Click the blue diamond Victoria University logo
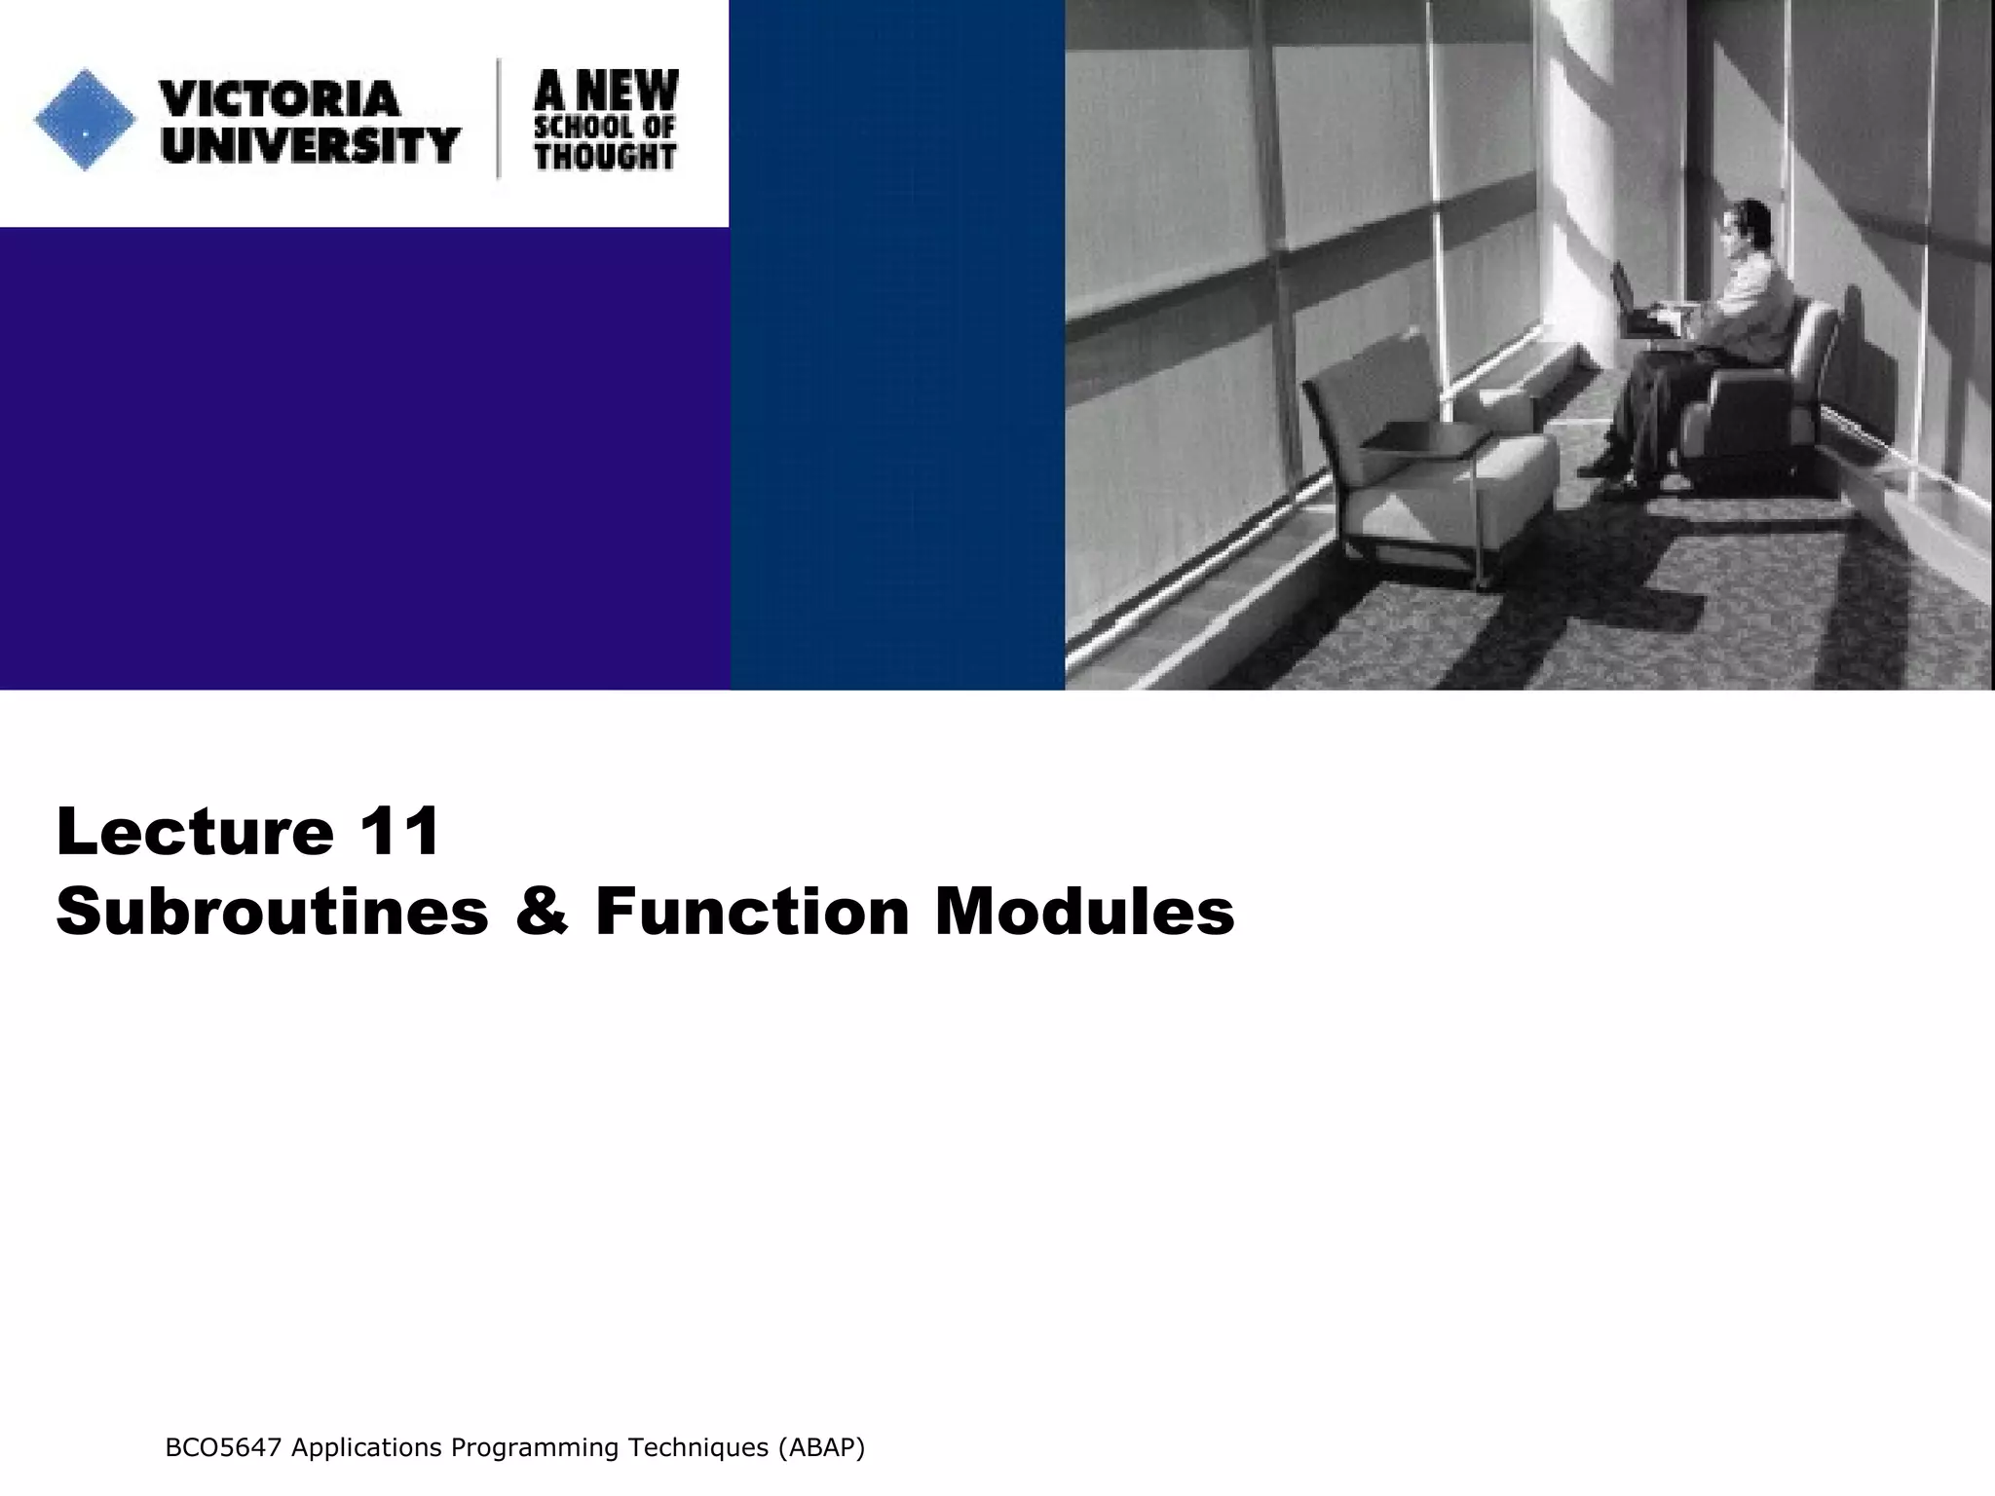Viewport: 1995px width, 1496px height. pyautogui.click(x=85, y=120)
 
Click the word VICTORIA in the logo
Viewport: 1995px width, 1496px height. pyautogui.click(x=280, y=98)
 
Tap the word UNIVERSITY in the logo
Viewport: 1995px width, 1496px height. pyautogui.click(x=310, y=145)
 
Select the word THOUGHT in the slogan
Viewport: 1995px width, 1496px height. pyautogui.click(x=605, y=156)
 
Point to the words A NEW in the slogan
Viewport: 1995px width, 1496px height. pyautogui.click(x=606, y=91)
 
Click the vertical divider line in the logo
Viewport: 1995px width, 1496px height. pyautogui.click(x=500, y=119)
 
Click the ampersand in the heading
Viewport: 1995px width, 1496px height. pyautogui.click(x=542, y=912)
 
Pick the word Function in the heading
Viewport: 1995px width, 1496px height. pyautogui.click(x=752, y=912)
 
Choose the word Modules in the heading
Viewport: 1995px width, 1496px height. pyautogui.click(x=1084, y=912)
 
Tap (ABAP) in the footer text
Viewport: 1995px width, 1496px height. pyautogui.click(x=820, y=1448)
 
